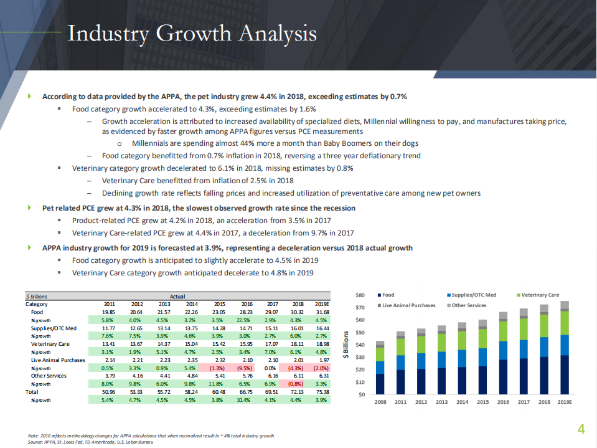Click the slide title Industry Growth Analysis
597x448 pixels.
coord(191,34)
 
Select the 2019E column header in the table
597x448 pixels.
coord(322,303)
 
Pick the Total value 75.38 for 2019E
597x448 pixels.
coord(322,392)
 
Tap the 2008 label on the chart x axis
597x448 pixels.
coord(380,403)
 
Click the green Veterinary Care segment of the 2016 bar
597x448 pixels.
coord(503,331)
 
